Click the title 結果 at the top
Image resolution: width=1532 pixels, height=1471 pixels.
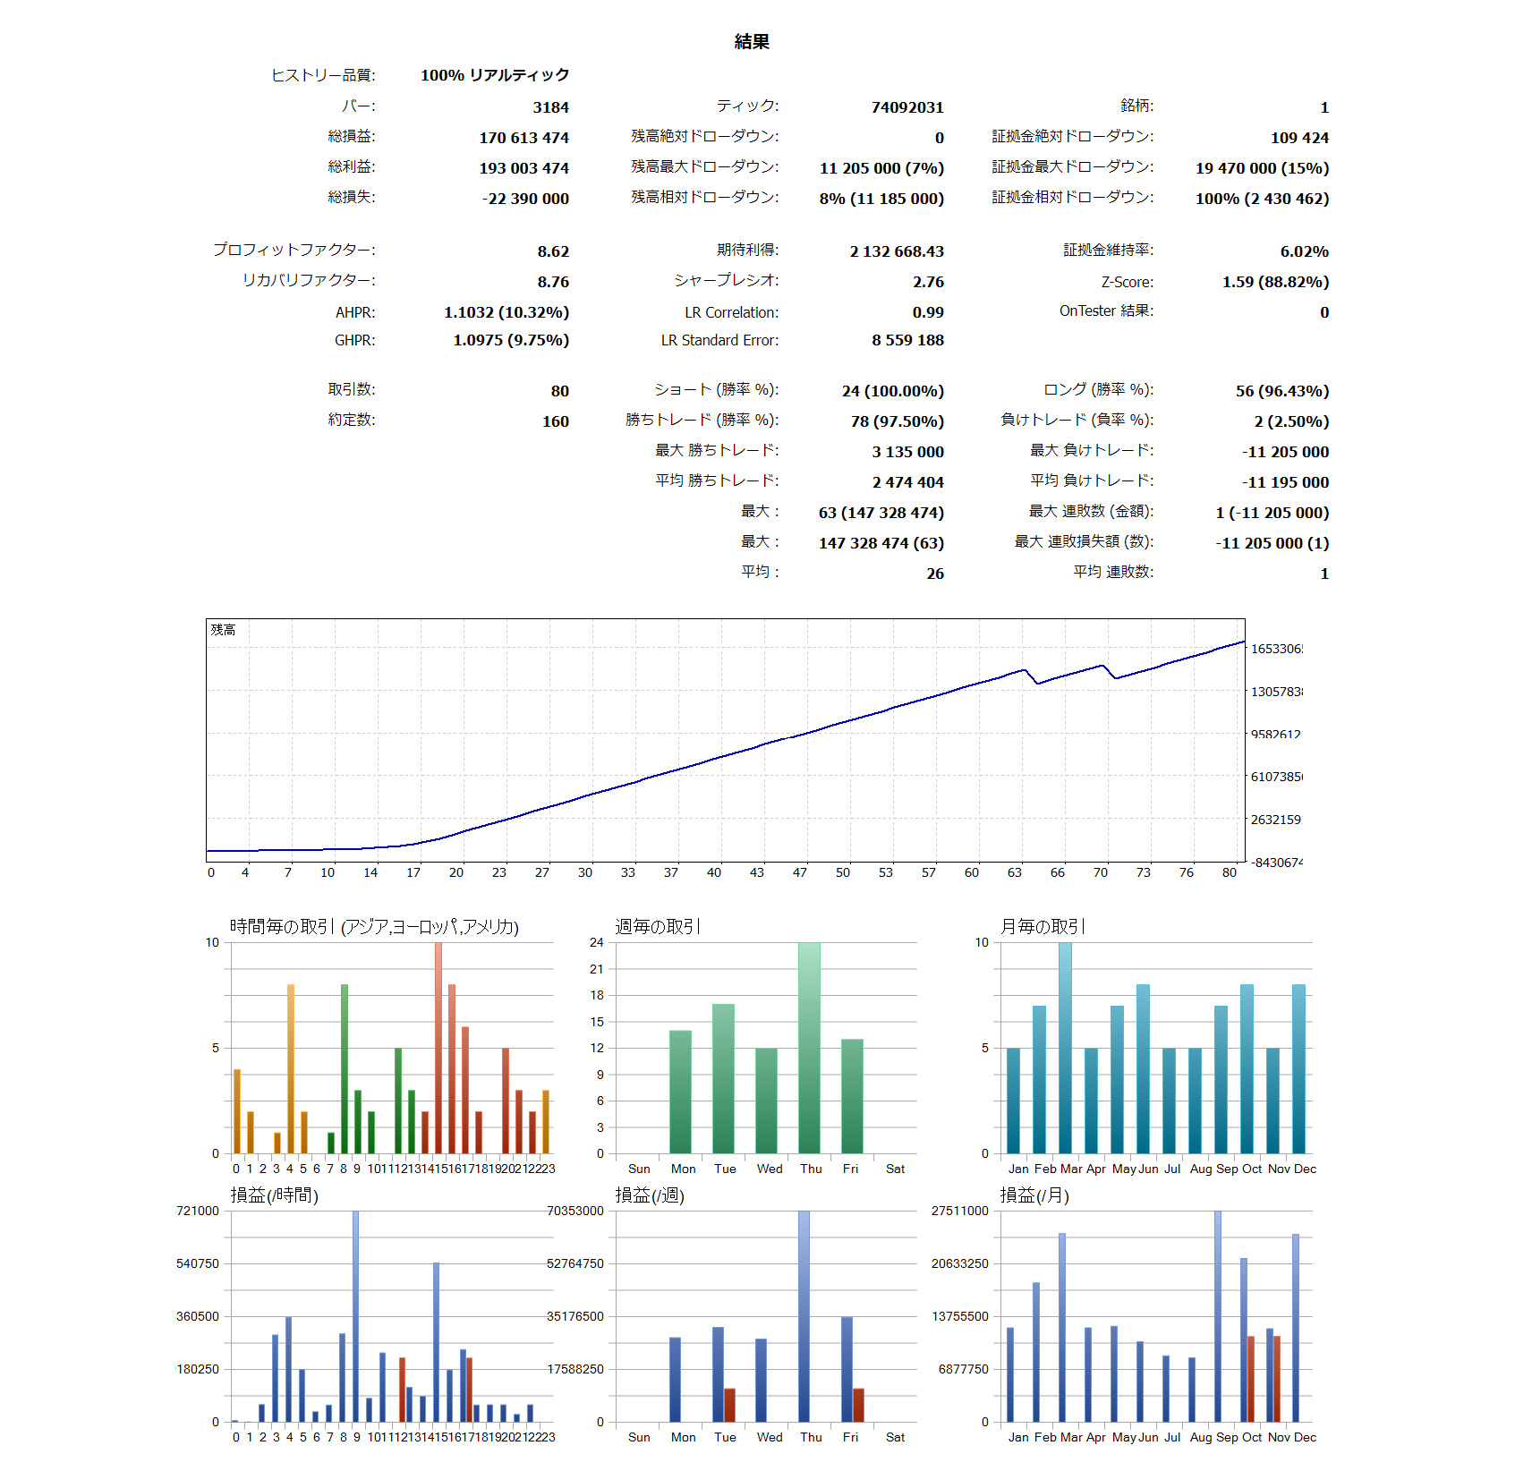coord(752,42)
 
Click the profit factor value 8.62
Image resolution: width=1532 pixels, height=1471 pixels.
coord(553,251)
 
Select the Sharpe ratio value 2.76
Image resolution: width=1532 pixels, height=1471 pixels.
coord(928,282)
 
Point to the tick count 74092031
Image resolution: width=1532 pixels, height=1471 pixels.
coord(907,107)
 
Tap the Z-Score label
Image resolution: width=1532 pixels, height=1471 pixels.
coord(1127,282)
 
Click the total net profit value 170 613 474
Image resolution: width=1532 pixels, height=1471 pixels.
coord(523,138)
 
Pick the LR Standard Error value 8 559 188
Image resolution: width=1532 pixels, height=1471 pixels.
coord(907,340)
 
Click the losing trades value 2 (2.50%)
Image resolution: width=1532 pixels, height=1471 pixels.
coord(1290,421)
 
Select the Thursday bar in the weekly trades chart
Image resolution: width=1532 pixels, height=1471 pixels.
coord(809,1047)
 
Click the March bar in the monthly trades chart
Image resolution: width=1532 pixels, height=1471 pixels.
coord(1065,1047)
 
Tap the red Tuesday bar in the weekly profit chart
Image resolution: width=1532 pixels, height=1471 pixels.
coord(729,1405)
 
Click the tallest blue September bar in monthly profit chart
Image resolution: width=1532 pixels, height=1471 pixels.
coord(1218,1315)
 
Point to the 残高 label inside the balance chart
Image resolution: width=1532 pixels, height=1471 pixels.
coord(223,630)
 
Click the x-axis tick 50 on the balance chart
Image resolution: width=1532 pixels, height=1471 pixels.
coord(843,872)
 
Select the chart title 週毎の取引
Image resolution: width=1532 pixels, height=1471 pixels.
coord(658,927)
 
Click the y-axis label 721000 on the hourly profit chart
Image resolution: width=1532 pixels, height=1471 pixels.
coord(197,1211)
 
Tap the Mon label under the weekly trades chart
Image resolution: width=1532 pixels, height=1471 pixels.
coord(683,1169)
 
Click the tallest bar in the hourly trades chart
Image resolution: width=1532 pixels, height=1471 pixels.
coord(438,1047)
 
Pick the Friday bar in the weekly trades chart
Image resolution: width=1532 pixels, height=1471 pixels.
coord(852,1096)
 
